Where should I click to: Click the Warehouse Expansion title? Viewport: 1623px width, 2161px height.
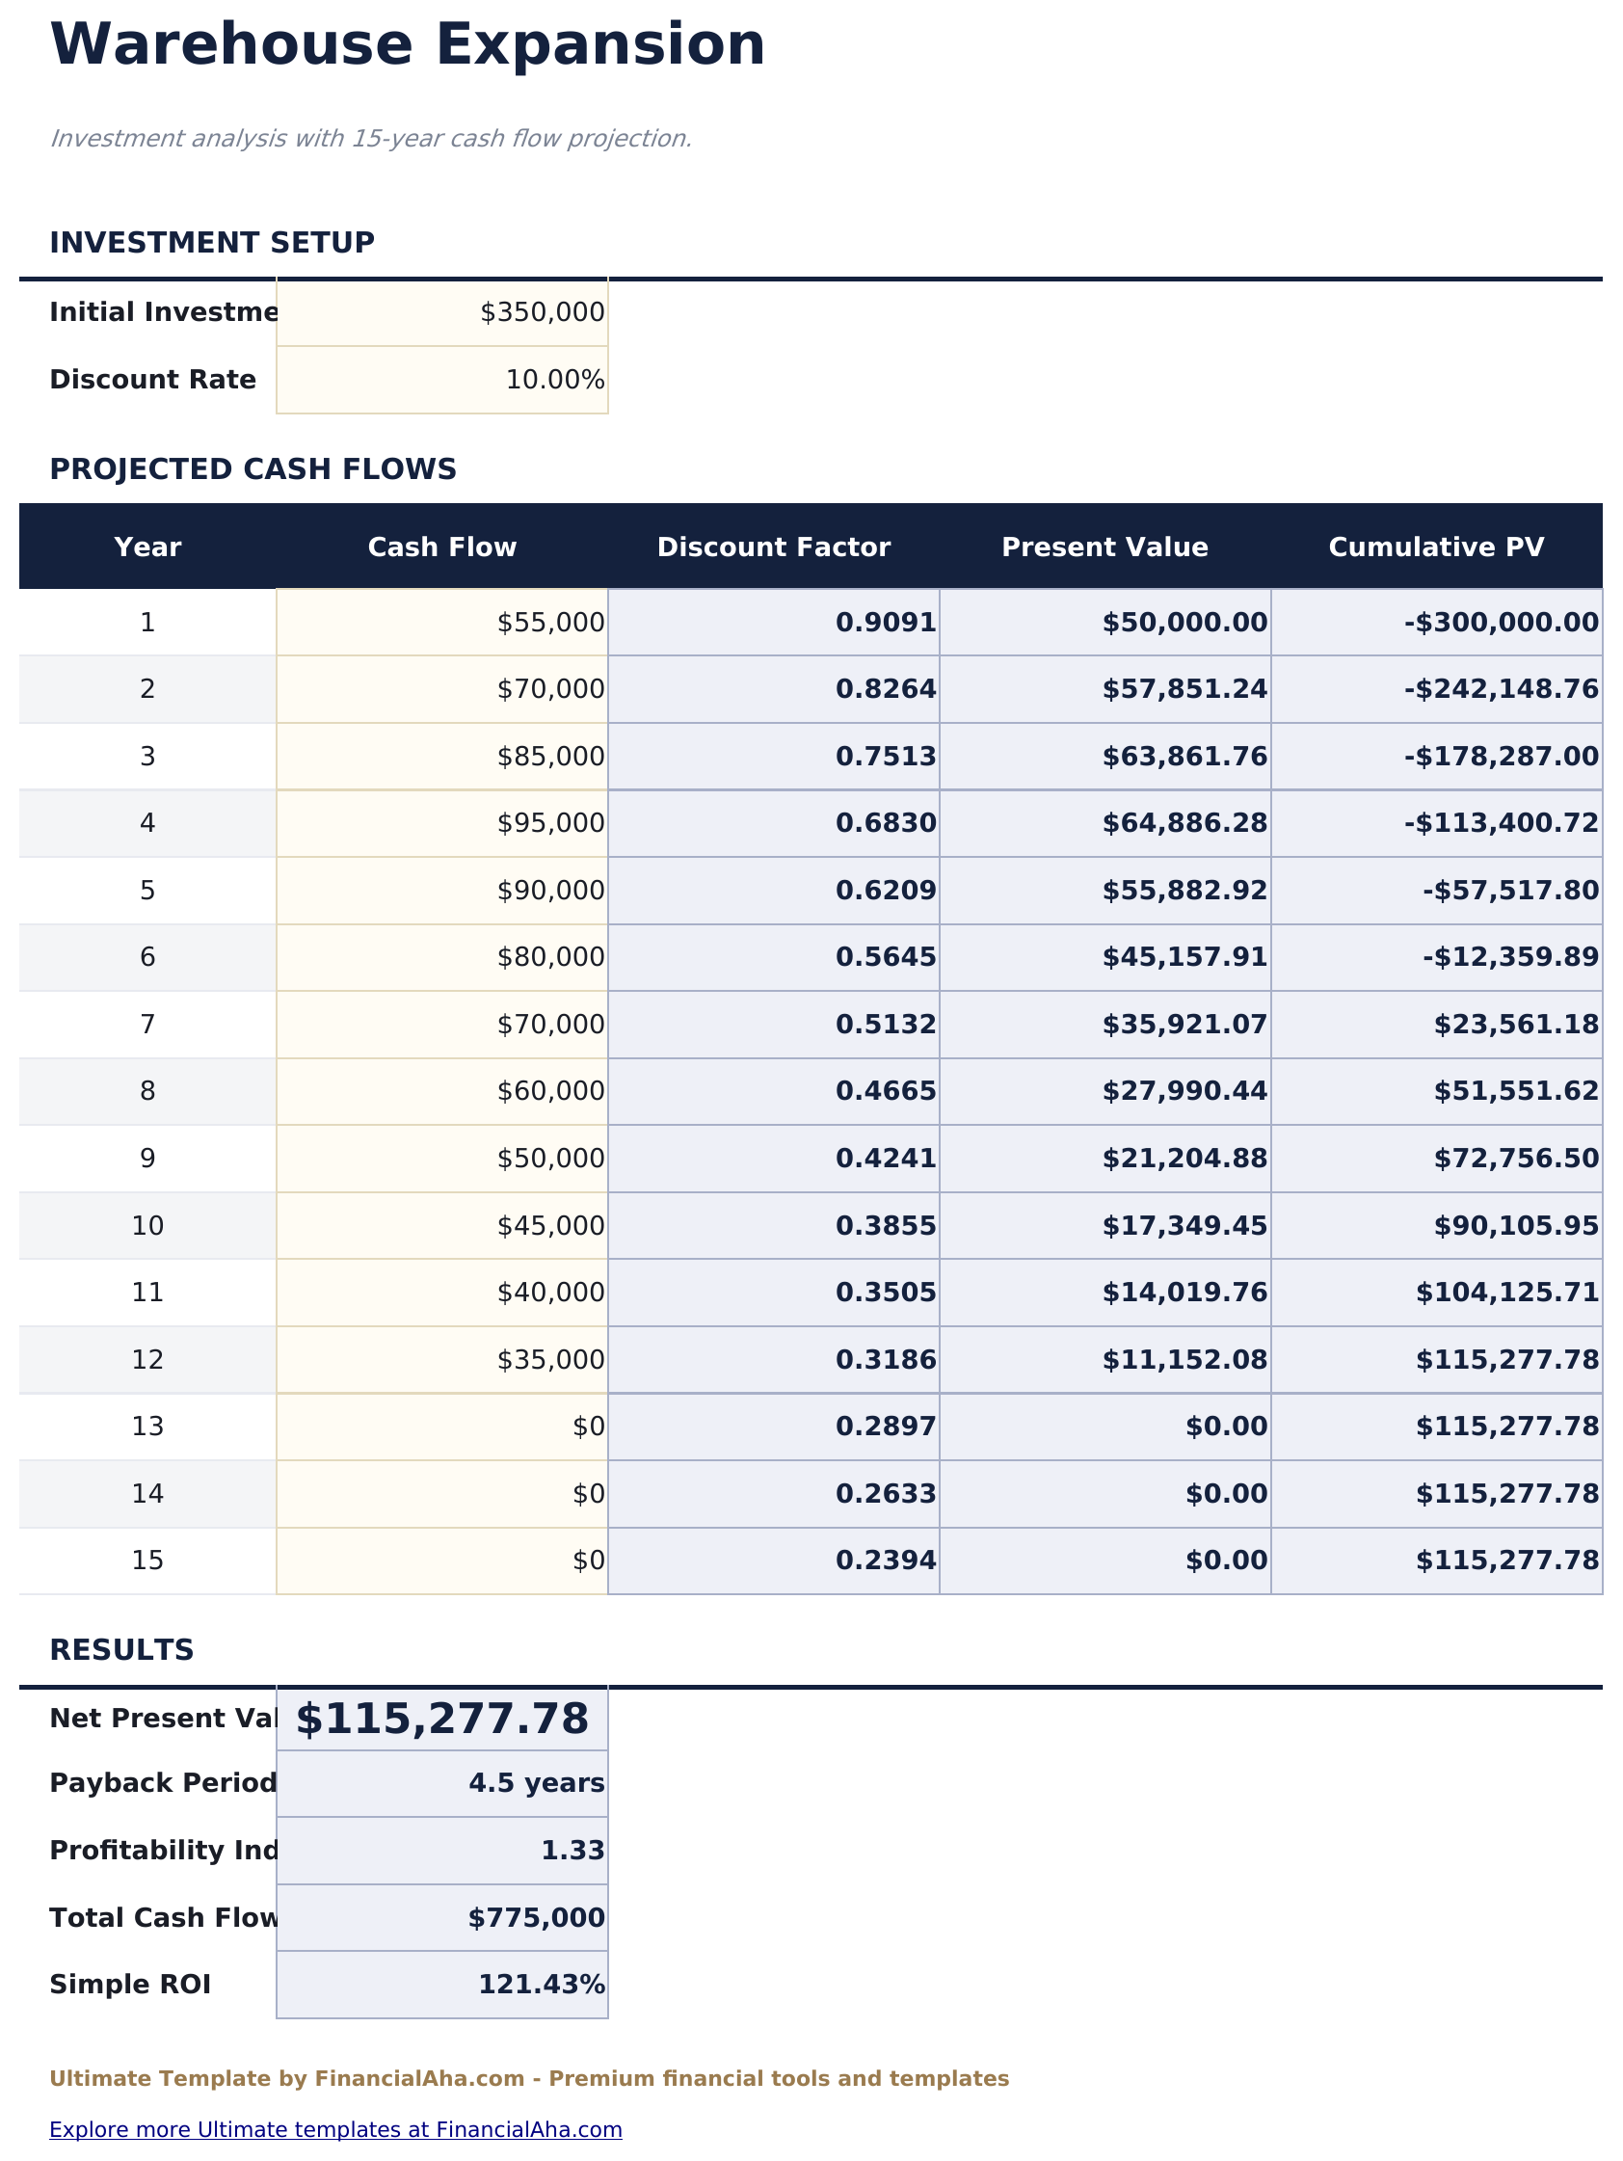pyautogui.click(x=407, y=45)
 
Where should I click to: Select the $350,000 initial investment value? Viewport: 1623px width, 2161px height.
pyautogui.click(x=542, y=312)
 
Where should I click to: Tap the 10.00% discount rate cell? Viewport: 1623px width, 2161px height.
pyautogui.click(x=554, y=380)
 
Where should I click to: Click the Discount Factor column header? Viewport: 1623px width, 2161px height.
pyautogui.click(x=773, y=547)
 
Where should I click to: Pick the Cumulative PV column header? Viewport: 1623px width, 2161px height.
pyautogui.click(x=1435, y=547)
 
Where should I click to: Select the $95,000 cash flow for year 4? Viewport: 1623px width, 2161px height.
pyautogui.click(x=550, y=823)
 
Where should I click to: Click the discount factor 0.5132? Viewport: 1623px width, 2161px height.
pyautogui.click(x=886, y=1025)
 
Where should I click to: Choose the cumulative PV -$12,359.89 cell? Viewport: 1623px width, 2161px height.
pyautogui.click(x=1509, y=957)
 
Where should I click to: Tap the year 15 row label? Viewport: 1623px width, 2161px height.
pyautogui.click(x=147, y=1561)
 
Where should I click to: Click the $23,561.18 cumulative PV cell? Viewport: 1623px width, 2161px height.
pyautogui.click(x=1515, y=1025)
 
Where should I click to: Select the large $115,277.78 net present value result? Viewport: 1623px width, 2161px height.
pyautogui.click(x=441, y=1720)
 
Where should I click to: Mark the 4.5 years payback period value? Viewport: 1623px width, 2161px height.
pyautogui.click(x=537, y=1784)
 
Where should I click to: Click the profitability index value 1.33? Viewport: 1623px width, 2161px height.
pyautogui.click(x=572, y=1852)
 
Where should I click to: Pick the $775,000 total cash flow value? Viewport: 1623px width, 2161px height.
pyautogui.click(x=537, y=1919)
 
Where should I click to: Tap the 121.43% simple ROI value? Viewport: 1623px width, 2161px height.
pyautogui.click(x=542, y=1986)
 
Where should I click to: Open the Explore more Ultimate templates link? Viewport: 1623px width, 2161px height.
pyautogui.click(x=335, y=2130)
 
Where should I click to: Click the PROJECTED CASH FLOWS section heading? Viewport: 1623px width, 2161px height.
pyautogui.click(x=253, y=470)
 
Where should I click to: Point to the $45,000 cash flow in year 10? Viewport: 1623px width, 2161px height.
pyautogui.click(x=550, y=1226)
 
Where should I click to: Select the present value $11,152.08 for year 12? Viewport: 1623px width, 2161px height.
pyautogui.click(x=1184, y=1360)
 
